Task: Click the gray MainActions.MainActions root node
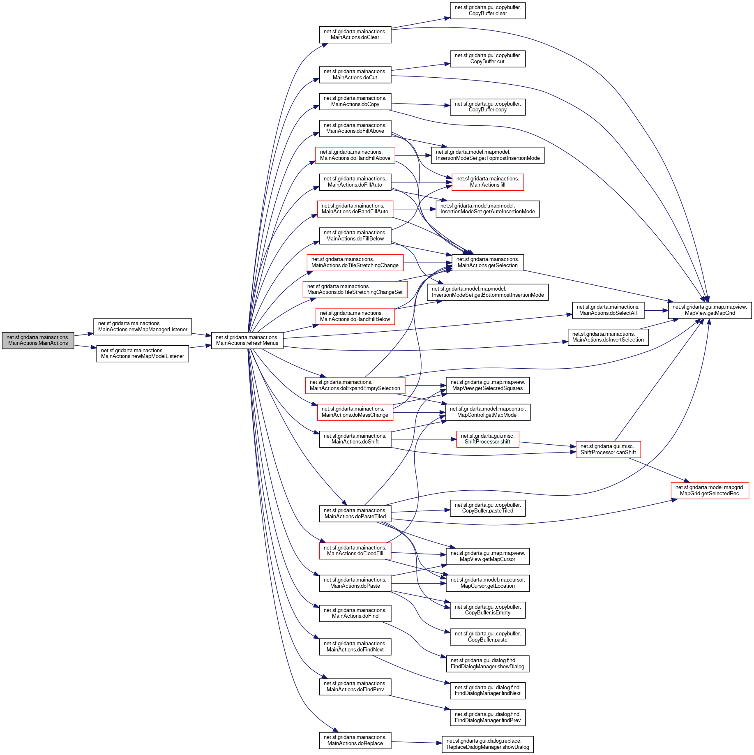(x=38, y=340)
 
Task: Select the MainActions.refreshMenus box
(x=247, y=340)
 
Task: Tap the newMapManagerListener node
(x=143, y=327)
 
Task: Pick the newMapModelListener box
(x=143, y=353)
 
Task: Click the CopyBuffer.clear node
(x=487, y=11)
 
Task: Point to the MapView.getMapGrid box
(x=710, y=310)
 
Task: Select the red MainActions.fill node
(x=487, y=182)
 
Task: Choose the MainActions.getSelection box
(x=487, y=263)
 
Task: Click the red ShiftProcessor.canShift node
(x=608, y=450)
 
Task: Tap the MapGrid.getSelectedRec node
(x=709, y=491)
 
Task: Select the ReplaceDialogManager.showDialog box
(x=487, y=744)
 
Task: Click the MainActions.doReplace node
(x=355, y=741)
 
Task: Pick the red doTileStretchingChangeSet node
(x=355, y=289)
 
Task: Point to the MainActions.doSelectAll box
(x=608, y=310)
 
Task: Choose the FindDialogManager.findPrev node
(x=487, y=718)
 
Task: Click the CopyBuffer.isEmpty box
(x=487, y=610)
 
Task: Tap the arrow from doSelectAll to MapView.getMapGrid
(x=656, y=311)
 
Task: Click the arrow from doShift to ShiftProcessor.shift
(x=423, y=439)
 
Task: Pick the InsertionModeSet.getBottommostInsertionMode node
(x=487, y=292)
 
